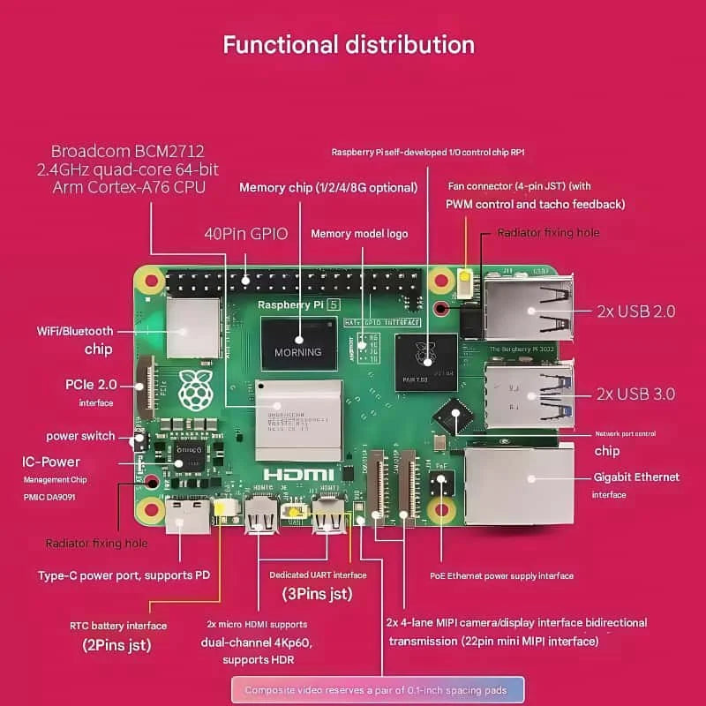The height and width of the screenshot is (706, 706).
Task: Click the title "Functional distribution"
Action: pos(349,44)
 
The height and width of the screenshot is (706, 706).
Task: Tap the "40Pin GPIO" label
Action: pos(246,235)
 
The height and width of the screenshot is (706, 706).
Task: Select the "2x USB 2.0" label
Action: pos(635,311)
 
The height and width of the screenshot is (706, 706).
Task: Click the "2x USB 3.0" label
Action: pos(635,394)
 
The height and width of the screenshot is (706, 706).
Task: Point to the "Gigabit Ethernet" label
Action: pos(636,477)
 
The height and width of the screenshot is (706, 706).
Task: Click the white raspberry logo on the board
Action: pos(196,390)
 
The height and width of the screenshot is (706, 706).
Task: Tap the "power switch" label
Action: pos(80,436)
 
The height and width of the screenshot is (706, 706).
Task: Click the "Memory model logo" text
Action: pos(359,234)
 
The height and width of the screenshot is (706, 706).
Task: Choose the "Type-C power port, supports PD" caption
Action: pos(124,575)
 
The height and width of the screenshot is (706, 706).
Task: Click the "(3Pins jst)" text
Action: pos(318,594)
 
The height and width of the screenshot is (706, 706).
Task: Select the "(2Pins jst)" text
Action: pos(116,645)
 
